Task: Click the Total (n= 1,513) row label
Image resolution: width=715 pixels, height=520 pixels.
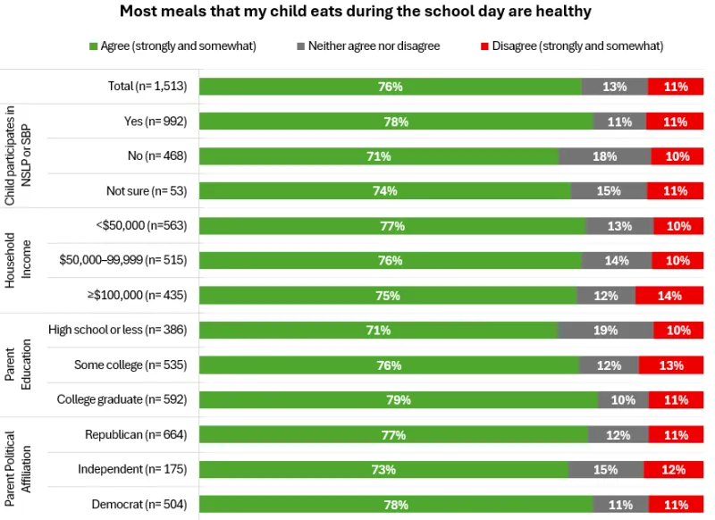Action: tap(143, 87)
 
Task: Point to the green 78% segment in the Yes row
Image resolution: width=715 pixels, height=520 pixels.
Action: tap(396, 122)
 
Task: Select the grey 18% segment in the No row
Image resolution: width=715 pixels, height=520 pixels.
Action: tap(605, 156)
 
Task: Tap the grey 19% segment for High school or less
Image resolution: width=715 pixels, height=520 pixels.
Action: tap(605, 331)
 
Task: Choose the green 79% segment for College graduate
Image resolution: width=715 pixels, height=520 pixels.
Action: tap(398, 400)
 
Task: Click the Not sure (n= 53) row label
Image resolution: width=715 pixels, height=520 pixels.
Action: tap(147, 191)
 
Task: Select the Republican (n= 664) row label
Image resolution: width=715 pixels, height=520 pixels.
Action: tap(136, 435)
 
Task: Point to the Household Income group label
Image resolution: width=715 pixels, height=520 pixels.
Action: tap(17, 261)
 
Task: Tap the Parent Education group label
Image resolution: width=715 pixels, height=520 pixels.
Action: tap(17, 365)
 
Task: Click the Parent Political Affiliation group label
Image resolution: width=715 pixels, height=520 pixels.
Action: tap(17, 469)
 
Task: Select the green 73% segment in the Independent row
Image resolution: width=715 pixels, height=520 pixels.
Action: tap(383, 470)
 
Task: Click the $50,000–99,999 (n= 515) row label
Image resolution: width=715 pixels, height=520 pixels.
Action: tap(123, 261)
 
